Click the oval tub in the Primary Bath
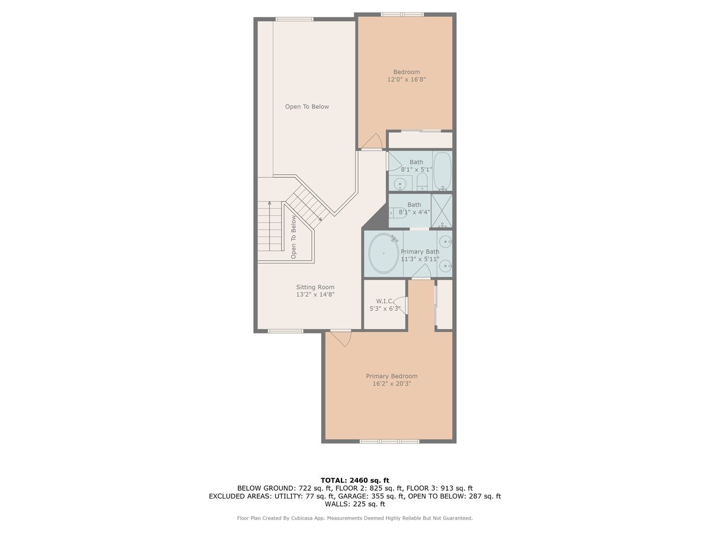(383, 253)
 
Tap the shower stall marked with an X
(441, 210)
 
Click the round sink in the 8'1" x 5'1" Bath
(401, 184)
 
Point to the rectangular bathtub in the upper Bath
(442, 171)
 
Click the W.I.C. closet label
(385, 301)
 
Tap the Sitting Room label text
(315, 287)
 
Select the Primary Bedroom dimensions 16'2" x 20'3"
(391, 384)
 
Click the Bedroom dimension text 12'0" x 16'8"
(406, 79)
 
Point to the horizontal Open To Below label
(306, 107)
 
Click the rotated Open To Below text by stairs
(293, 237)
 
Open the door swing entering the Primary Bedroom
(341, 338)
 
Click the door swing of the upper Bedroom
(372, 142)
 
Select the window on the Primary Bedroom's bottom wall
(389, 441)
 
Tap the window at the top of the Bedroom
(402, 14)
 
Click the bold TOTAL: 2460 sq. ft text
(354, 480)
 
